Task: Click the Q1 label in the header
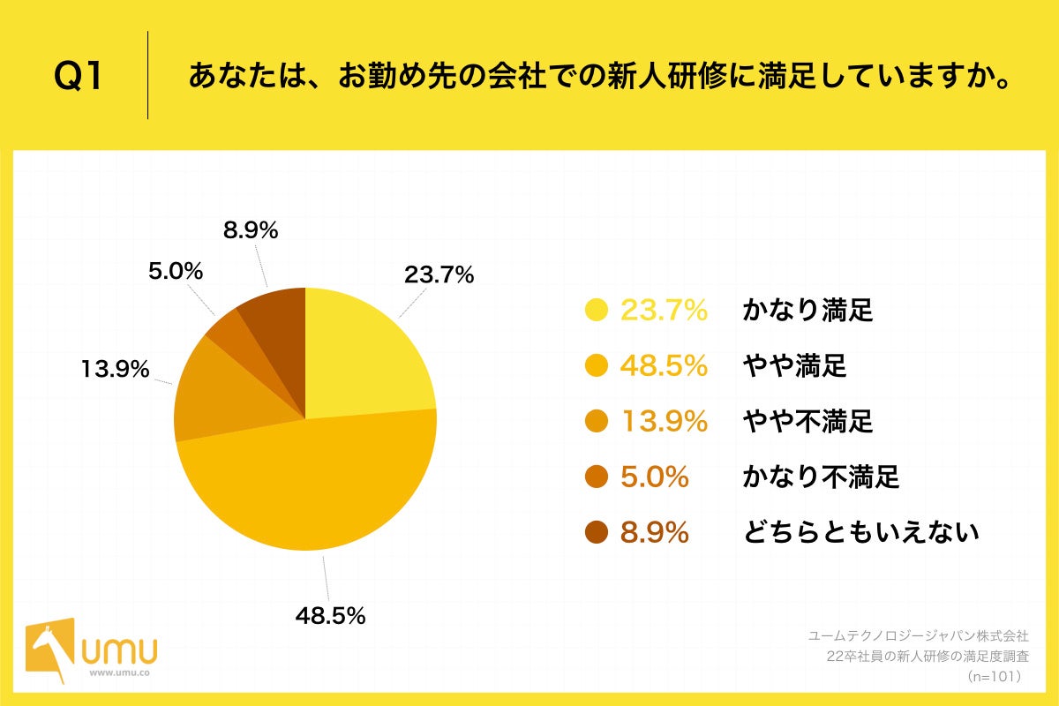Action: (x=79, y=76)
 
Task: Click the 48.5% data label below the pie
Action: (x=330, y=616)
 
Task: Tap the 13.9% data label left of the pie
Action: (x=115, y=369)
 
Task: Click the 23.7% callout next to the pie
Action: (x=439, y=274)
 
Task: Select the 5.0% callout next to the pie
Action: (x=175, y=272)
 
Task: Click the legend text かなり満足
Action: (x=807, y=311)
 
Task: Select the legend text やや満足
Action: (x=794, y=366)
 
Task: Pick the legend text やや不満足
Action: (x=807, y=422)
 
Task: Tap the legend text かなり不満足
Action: (x=821, y=477)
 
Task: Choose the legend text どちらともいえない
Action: (x=860, y=533)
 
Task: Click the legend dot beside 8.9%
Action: (x=597, y=533)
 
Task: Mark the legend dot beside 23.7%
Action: (x=597, y=311)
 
